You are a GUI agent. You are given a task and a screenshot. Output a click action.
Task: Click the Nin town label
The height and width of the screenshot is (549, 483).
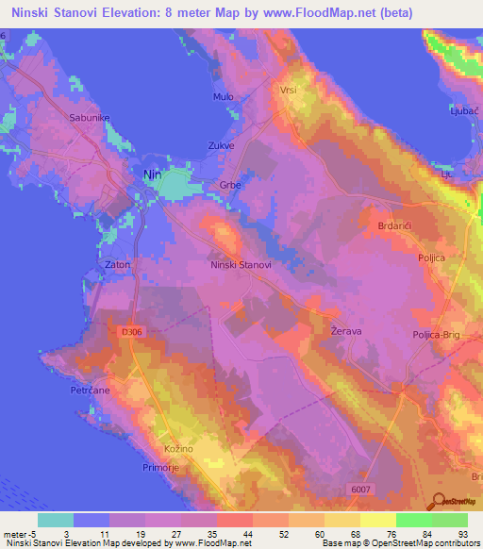click(x=151, y=175)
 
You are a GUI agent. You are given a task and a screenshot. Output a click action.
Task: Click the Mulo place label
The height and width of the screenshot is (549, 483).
click(x=224, y=97)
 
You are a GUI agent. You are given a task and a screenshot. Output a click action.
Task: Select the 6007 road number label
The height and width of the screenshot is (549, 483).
click(x=389, y=488)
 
